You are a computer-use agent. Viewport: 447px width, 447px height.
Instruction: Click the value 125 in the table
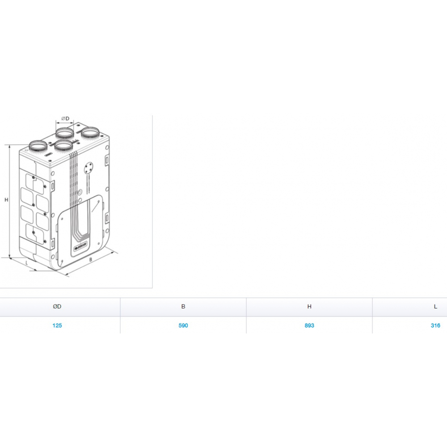(57, 325)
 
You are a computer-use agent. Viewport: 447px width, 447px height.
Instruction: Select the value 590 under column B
(183, 325)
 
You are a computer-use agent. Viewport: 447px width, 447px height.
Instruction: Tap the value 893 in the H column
(309, 325)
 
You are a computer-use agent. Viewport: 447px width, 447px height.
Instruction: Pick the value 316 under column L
(435, 325)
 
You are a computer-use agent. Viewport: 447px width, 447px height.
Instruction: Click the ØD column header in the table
(57, 307)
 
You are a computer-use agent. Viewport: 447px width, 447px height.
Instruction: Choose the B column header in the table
(183, 307)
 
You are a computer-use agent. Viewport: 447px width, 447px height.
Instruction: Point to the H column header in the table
(309, 307)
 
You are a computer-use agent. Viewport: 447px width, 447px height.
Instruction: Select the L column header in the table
(435, 307)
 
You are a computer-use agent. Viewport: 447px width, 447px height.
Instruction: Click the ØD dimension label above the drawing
(65, 118)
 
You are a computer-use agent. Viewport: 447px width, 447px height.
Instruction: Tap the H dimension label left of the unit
(6, 200)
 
